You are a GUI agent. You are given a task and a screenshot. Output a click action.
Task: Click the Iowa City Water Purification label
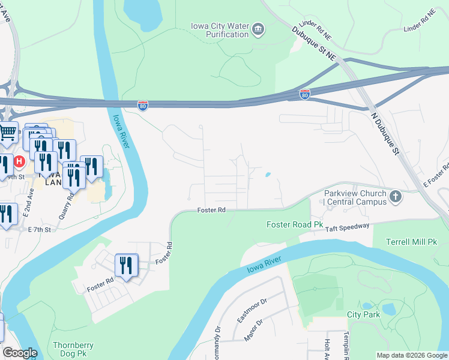[x=219, y=30]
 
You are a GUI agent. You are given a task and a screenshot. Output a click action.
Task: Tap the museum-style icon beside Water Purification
[x=258, y=29]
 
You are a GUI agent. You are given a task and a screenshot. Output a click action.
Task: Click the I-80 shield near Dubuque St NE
[x=305, y=94]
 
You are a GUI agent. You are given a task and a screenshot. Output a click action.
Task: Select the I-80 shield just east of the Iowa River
[x=143, y=106]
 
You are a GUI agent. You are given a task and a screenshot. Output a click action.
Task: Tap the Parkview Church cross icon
[x=396, y=196]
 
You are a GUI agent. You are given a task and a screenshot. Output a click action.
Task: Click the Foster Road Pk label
[x=295, y=224]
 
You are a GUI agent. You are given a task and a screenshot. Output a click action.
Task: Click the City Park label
[x=363, y=314]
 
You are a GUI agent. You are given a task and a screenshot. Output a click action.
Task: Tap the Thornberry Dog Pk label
[x=79, y=349]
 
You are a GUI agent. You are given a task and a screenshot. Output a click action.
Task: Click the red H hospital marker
[x=19, y=161]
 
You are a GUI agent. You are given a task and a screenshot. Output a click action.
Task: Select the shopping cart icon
[x=8, y=132]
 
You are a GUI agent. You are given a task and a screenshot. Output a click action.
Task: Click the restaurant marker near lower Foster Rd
[x=126, y=265]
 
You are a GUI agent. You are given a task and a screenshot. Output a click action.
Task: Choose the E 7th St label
[x=40, y=230]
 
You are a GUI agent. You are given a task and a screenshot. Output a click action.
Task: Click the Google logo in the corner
[x=20, y=353]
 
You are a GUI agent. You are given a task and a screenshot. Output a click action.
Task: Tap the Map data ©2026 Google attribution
[x=411, y=355]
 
